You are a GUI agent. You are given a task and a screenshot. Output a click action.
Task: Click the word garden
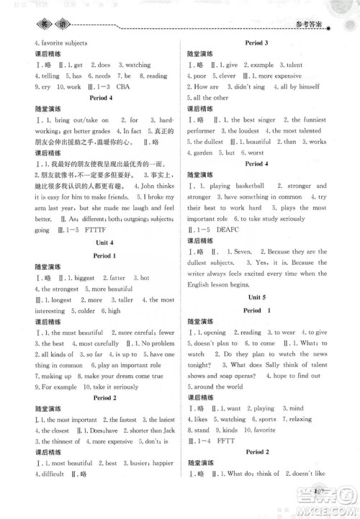point(206,153)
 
